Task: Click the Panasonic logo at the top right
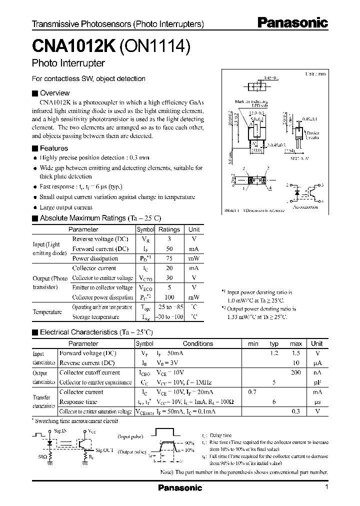292,22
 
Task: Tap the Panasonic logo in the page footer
180,487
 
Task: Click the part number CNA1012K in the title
74,46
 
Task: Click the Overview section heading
54,93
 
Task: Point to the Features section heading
53,148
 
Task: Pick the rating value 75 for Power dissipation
169,258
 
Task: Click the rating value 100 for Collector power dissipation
169,297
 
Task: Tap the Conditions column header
198,343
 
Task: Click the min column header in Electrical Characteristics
253,343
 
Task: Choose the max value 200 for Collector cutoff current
296,372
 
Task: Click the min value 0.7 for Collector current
253,392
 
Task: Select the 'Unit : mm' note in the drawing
315,73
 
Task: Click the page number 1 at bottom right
326,487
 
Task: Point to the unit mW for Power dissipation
193,258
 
